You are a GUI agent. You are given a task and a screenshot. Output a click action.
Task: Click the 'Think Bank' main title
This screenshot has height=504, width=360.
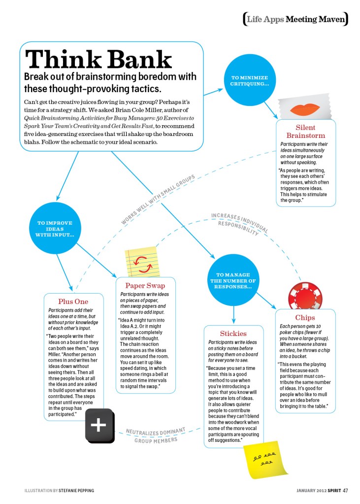coord(98,60)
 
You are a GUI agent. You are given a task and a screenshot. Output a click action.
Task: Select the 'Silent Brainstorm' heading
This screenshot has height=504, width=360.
coord(305,132)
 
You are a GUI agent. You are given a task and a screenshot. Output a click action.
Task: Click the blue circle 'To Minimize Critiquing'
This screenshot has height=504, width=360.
coord(250,80)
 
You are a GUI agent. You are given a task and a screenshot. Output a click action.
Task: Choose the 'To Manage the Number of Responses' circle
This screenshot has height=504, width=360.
coord(233,280)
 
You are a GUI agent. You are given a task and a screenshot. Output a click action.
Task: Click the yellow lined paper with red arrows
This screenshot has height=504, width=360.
coord(142,262)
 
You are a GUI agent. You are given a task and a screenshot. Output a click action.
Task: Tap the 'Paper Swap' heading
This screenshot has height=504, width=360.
coord(145,285)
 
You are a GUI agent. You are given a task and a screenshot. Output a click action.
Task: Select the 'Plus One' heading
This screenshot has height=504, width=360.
coord(73,302)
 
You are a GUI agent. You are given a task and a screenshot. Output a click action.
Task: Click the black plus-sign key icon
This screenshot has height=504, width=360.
coord(99,425)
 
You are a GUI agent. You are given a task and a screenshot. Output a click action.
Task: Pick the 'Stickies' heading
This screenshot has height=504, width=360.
coord(233,334)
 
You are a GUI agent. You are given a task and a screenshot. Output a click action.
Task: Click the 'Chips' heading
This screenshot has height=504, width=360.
coord(305,318)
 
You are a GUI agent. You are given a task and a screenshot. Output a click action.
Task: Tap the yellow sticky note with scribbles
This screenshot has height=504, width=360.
coord(265,459)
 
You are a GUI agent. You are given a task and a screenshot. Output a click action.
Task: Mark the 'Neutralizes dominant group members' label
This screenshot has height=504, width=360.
coord(155,435)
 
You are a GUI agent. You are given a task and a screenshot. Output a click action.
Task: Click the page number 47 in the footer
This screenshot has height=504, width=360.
coord(346,490)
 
